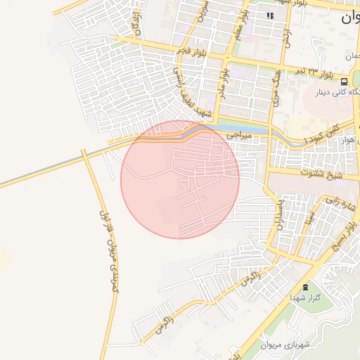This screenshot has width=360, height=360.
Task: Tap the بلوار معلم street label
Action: coord(239,28)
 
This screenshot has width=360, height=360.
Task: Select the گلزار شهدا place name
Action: coord(305,299)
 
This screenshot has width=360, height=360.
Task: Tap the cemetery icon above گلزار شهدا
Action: coord(305,287)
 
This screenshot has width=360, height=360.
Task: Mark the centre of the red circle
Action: coord(180,179)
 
